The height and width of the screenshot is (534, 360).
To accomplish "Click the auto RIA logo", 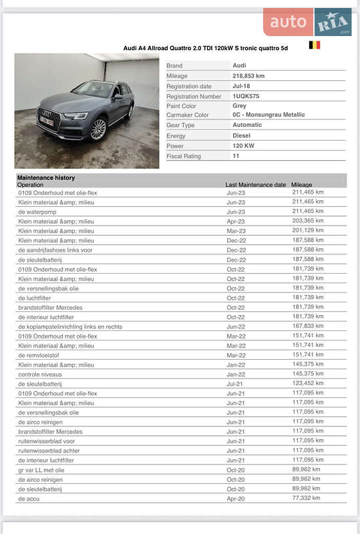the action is click(x=307, y=22).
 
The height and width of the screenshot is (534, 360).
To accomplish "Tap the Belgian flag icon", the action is click(x=314, y=45).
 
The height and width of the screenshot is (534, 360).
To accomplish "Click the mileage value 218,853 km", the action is click(x=248, y=76).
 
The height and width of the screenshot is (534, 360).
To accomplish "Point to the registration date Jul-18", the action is click(x=241, y=86).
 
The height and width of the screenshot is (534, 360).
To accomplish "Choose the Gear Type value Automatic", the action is click(x=247, y=125).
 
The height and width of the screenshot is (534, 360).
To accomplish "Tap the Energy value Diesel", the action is click(x=241, y=136).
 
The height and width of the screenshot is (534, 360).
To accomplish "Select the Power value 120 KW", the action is click(x=244, y=146).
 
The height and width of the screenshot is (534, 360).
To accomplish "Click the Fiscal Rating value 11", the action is click(x=236, y=156).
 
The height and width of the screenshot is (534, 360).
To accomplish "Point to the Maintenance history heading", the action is click(x=46, y=178).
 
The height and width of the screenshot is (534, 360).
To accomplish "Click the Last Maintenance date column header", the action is click(x=256, y=185).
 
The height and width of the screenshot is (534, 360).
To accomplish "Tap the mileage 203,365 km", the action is click(x=308, y=220).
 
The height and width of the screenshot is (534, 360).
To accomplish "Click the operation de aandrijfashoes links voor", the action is click(x=55, y=250).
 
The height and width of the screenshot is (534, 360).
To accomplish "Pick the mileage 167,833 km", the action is click(x=308, y=326).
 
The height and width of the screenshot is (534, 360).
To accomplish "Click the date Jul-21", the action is click(x=234, y=384).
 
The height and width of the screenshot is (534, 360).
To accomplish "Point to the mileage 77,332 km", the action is click(x=306, y=498).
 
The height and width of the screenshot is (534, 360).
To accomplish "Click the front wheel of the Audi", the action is click(x=98, y=129).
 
